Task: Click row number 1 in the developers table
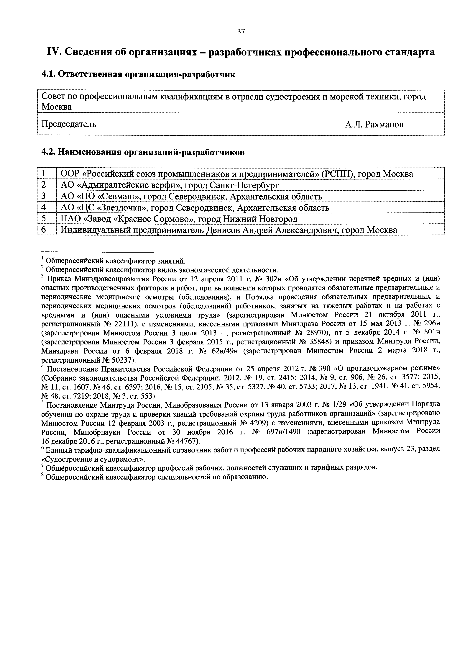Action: (44, 174)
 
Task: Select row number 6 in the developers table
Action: (44, 230)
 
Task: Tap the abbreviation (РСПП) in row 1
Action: (337, 174)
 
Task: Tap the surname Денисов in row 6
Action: (223, 230)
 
